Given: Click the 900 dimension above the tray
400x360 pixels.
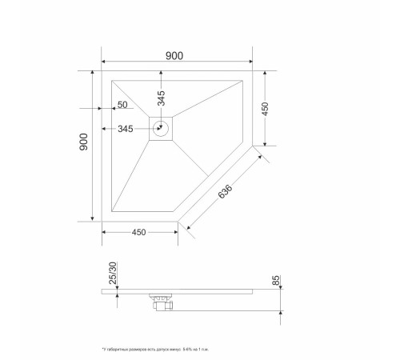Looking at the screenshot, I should (174, 55).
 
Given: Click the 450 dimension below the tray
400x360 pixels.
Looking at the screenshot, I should (138, 233).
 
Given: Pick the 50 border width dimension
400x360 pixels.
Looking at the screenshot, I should (122, 105).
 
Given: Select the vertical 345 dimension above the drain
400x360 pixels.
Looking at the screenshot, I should (162, 98).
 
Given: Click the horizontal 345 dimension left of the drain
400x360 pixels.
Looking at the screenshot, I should (126, 129).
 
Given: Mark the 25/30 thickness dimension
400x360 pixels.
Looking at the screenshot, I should (113, 274).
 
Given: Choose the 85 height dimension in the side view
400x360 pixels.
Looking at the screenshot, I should (276, 281).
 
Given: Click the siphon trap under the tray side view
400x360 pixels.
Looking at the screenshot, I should (158, 302).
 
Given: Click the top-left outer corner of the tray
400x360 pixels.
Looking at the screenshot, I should (102, 70).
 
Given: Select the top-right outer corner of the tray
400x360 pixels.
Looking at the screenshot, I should (251, 70).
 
